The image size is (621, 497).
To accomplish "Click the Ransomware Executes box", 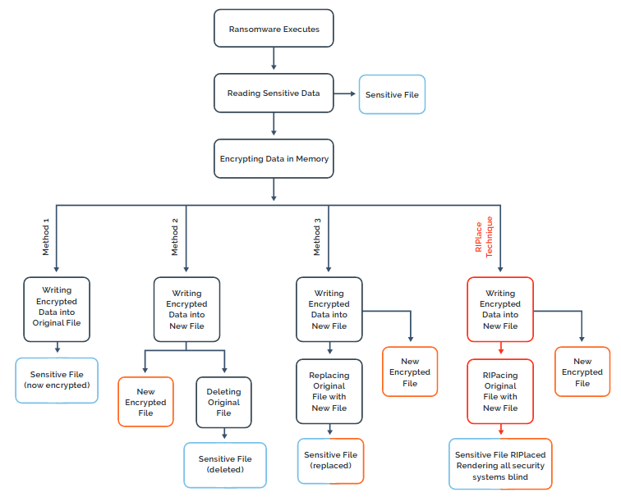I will tap(274, 29).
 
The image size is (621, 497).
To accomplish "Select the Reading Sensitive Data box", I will tap(274, 93).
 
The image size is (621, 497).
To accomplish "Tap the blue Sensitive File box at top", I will tap(392, 94).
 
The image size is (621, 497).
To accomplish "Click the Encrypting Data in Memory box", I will tap(274, 158).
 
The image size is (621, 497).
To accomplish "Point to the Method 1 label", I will tap(46, 236).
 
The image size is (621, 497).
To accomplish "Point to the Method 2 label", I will tap(175, 236).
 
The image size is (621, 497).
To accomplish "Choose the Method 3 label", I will tap(317, 236).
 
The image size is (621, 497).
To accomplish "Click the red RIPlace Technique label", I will tap(484, 236).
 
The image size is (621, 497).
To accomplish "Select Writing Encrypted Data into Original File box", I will tap(57, 307).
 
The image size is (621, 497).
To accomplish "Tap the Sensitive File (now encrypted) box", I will tap(57, 380).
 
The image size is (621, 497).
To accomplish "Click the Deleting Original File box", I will tap(223, 402).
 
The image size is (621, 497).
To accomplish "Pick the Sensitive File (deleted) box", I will tap(225, 464).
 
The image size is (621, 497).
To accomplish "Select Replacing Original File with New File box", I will tap(329, 390).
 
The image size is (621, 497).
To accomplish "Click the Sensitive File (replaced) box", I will tap(329, 460).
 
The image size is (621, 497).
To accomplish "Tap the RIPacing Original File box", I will tap(500, 390).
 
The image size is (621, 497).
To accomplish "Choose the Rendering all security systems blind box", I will tap(500, 465).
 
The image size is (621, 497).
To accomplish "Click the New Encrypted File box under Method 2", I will tap(146, 402).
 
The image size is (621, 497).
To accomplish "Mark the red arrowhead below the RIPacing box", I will tap(500, 432).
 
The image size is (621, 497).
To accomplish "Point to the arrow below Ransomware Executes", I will tap(274, 60).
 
